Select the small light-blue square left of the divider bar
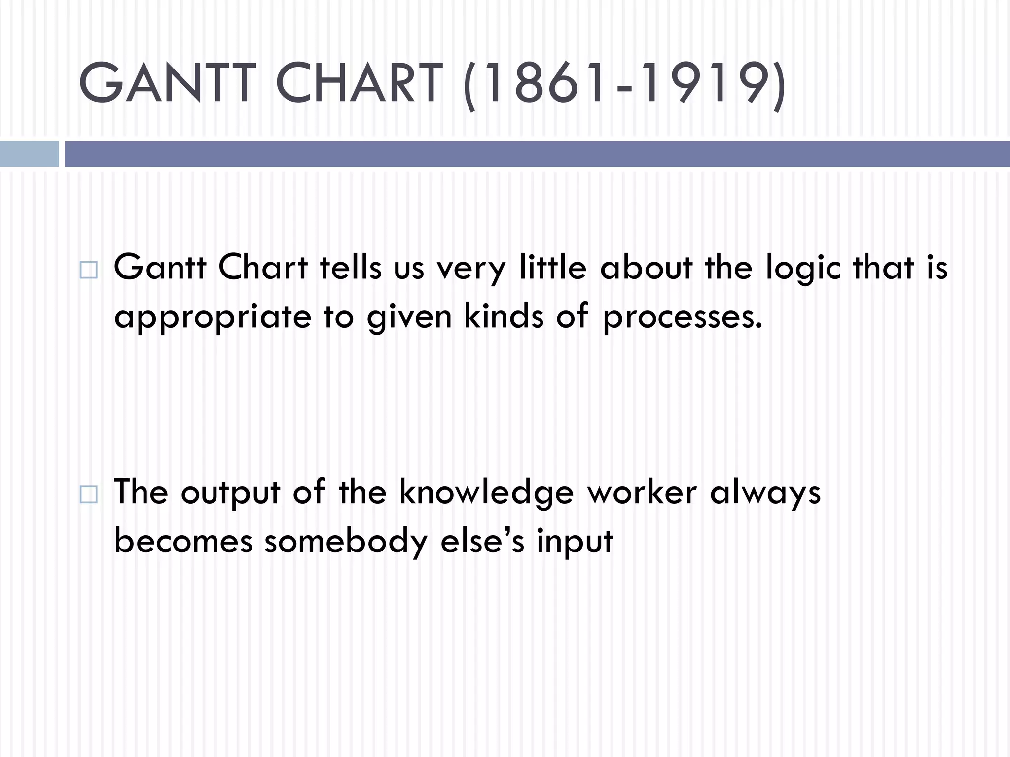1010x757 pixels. point(29,154)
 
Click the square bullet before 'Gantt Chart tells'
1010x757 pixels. point(88,270)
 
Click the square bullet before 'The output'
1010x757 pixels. point(88,494)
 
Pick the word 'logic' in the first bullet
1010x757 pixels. point(803,269)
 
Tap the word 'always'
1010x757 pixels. point(765,493)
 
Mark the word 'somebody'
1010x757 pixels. point(346,541)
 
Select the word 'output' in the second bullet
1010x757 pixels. point(230,493)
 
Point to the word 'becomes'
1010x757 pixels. point(183,541)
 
